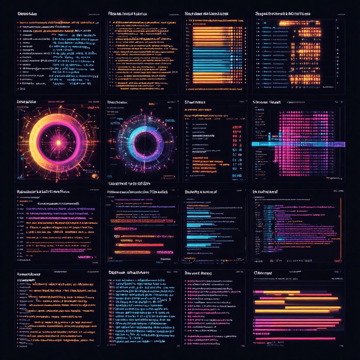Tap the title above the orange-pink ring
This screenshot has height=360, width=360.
coord(27,102)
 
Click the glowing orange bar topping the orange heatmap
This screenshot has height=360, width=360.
coord(300,24)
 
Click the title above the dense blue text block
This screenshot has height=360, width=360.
coord(129,272)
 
